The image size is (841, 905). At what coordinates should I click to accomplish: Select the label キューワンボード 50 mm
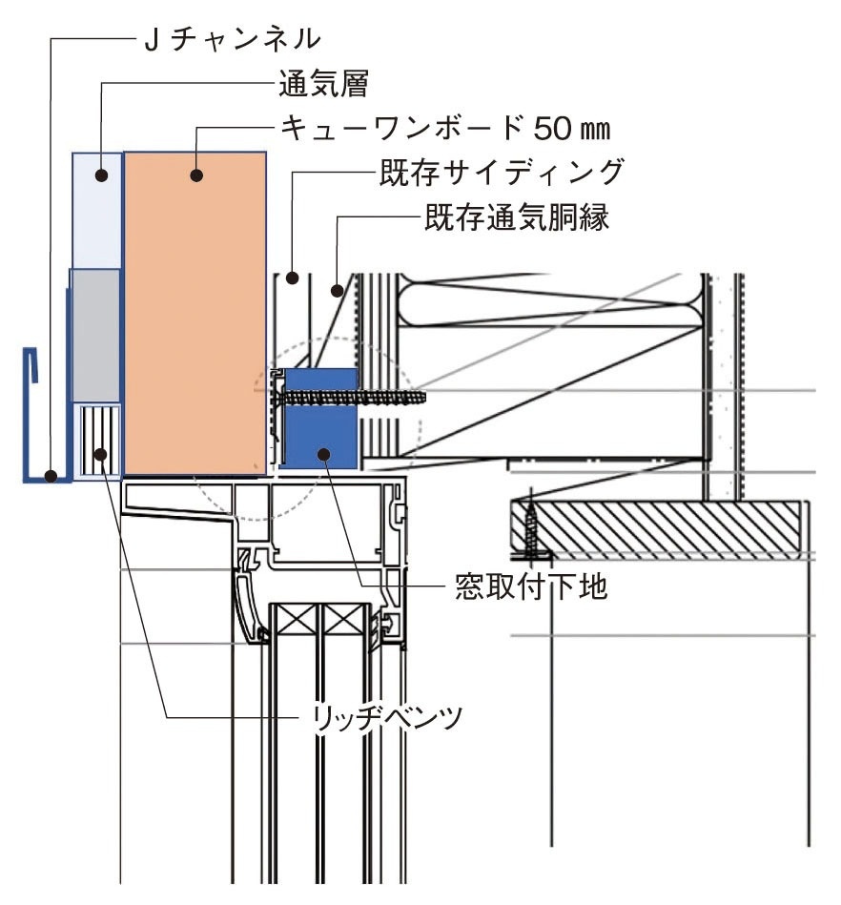pyautogui.click(x=443, y=128)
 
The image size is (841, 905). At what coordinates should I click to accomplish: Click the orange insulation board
pyautogui.click(x=195, y=315)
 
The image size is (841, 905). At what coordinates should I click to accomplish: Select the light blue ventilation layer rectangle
pyautogui.click(x=98, y=210)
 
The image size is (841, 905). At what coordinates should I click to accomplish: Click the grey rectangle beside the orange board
pyautogui.click(x=95, y=334)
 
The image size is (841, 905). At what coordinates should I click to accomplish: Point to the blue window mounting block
pyautogui.click(x=321, y=420)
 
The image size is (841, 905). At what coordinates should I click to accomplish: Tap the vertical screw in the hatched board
pyautogui.click(x=530, y=529)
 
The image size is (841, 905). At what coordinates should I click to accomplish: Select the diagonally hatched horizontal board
pyautogui.click(x=658, y=529)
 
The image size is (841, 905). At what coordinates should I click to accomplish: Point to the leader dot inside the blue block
pyautogui.click(x=325, y=454)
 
